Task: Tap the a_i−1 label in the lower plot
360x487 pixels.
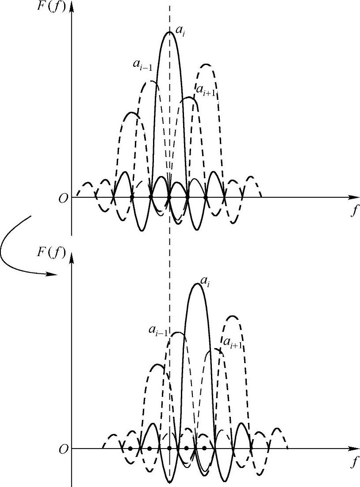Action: [158, 330]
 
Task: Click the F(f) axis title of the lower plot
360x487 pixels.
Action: [51, 253]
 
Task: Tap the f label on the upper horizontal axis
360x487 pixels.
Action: [353, 211]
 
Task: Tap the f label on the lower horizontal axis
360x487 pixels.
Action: [353, 463]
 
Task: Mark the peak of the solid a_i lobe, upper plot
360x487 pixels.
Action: [169, 32]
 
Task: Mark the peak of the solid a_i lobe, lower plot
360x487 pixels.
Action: [196, 283]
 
